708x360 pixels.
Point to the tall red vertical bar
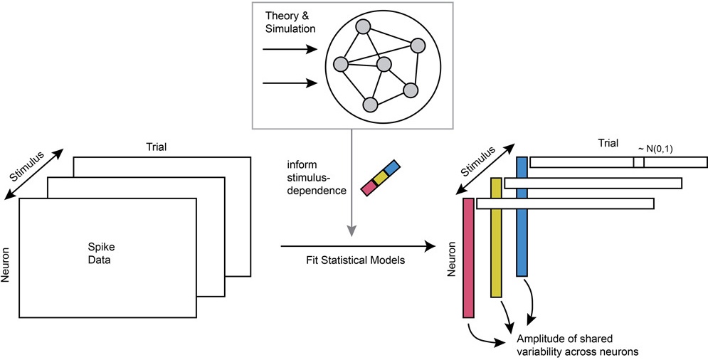(x=468, y=258)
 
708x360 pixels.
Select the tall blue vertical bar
(x=522, y=216)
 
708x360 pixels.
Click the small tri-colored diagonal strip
(x=381, y=179)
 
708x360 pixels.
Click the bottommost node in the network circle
(x=369, y=105)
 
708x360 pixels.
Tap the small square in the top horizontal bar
(x=638, y=162)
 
